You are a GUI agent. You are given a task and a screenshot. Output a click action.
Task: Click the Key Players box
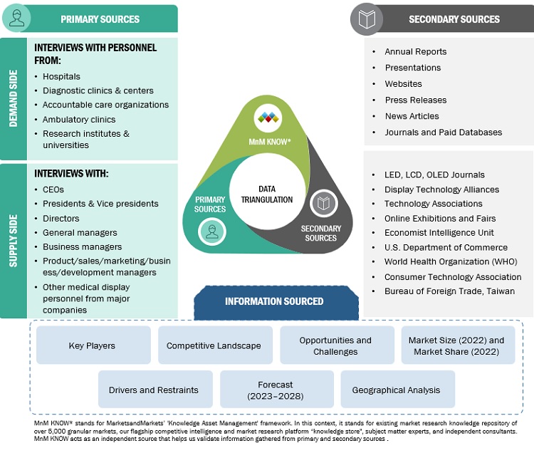(x=92, y=345)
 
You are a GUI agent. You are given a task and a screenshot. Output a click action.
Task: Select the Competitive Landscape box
(x=214, y=345)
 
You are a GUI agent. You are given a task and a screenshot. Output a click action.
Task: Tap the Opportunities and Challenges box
(x=335, y=345)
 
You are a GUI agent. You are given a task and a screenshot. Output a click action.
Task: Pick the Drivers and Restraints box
(x=153, y=390)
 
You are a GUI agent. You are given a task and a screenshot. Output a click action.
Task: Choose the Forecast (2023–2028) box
(x=275, y=390)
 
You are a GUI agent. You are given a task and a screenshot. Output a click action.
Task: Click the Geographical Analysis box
(x=396, y=390)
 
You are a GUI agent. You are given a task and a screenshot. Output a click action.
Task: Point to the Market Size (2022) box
(x=456, y=345)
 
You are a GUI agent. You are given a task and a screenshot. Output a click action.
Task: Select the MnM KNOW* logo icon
(x=268, y=118)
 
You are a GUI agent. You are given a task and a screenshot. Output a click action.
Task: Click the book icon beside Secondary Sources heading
(x=367, y=19)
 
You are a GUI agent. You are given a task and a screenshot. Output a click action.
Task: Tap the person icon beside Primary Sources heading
(x=16, y=19)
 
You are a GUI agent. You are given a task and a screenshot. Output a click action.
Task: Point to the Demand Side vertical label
(x=13, y=98)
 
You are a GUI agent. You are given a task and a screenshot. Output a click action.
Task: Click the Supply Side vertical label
(x=13, y=241)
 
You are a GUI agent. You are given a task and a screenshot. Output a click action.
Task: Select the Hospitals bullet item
(x=61, y=76)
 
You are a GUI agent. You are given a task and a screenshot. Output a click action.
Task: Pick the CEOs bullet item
(x=53, y=189)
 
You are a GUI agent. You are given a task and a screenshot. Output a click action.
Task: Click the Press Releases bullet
(x=415, y=100)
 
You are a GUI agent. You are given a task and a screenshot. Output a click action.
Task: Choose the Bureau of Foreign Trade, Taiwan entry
(x=443, y=291)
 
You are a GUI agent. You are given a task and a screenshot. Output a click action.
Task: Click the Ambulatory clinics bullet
(x=78, y=120)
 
